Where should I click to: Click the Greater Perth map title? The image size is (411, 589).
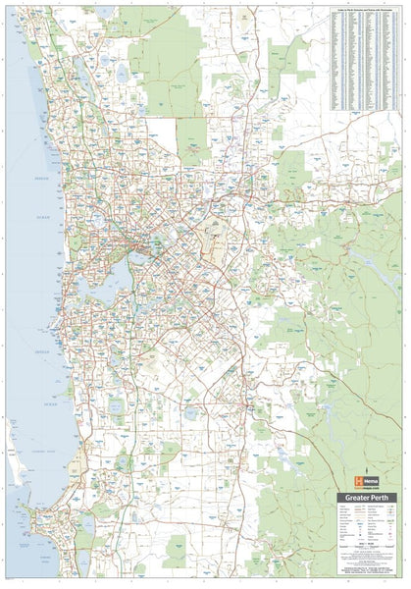pyautogui.click(x=369, y=498)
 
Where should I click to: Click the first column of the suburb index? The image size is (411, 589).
pyautogui.click(x=338, y=59)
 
